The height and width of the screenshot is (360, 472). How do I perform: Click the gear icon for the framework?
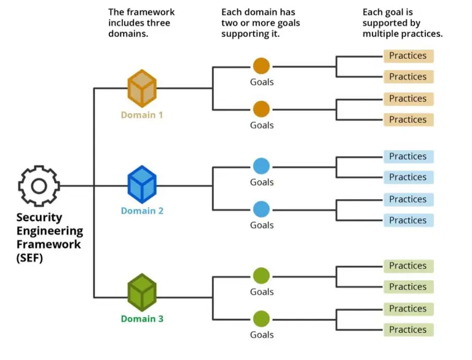(39, 186)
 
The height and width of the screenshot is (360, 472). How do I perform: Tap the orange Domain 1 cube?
(142, 88)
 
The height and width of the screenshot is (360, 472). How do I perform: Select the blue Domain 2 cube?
(142, 184)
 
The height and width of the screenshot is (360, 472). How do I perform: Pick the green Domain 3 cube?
(142, 292)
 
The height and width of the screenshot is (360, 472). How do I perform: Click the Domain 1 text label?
(142, 115)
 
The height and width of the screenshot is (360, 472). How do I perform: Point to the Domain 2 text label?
(142, 211)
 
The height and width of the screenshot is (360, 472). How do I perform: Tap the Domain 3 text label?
(142, 319)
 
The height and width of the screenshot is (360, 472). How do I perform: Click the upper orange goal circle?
(261, 66)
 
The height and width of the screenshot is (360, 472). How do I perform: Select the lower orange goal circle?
(261, 109)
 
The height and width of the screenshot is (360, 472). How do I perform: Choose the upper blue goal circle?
(261, 166)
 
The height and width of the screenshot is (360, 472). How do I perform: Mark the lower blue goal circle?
(261, 209)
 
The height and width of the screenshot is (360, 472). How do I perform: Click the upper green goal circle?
(261, 275)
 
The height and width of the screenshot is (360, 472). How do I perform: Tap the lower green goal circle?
(261, 318)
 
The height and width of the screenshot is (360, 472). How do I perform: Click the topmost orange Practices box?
(408, 56)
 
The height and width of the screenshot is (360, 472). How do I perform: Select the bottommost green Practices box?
(408, 330)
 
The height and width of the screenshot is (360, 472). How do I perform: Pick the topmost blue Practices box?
(408, 157)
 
